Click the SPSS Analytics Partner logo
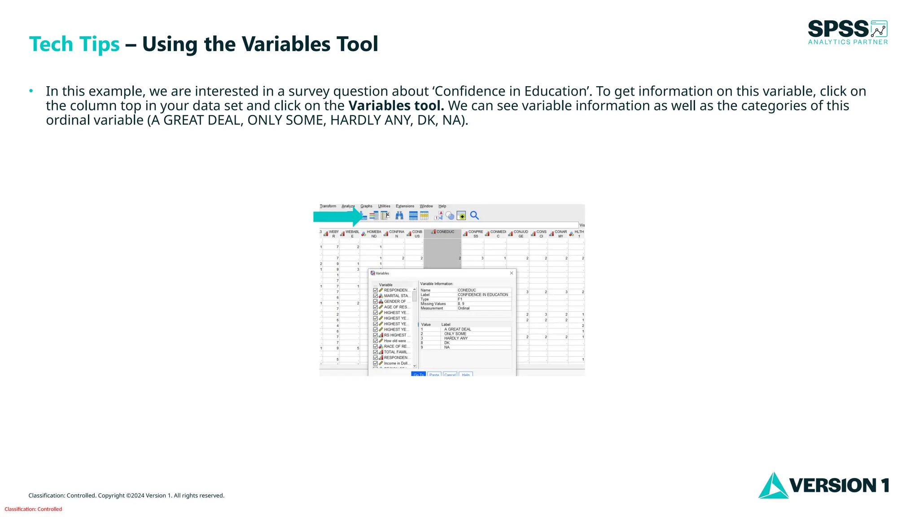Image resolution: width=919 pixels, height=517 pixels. (847, 32)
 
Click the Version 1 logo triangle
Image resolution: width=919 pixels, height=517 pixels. (772, 486)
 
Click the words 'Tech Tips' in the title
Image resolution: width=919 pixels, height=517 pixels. (74, 44)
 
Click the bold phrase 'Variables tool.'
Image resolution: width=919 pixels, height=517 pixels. (396, 106)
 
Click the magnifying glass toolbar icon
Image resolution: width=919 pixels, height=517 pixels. (474, 216)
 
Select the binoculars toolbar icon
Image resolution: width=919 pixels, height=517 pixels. (399, 216)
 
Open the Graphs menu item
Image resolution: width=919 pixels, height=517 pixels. (366, 206)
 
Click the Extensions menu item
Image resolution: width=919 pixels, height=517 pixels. (405, 206)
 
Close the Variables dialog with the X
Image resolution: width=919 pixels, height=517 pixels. (511, 273)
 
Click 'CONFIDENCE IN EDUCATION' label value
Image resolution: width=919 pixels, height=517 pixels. (483, 295)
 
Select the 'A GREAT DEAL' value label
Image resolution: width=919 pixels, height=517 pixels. (457, 329)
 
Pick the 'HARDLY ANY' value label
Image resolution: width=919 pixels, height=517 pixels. (455, 338)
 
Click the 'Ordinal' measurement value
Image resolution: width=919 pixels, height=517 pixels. (464, 308)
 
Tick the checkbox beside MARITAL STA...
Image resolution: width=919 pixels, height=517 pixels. (376, 296)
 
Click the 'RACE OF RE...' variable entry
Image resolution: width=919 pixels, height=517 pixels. (395, 346)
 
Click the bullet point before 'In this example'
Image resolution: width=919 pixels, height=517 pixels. (31, 92)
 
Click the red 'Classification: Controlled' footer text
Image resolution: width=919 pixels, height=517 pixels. (33, 509)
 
